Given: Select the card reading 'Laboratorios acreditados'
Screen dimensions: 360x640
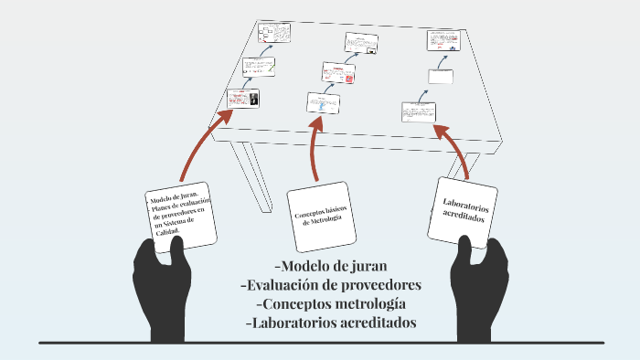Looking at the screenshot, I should tap(464, 209).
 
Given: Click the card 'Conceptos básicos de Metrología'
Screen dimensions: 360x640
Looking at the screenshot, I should tap(319, 217).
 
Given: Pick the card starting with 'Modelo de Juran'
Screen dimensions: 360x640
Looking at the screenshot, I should tap(180, 216).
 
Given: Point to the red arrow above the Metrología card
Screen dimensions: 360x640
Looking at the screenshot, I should tap(316, 146).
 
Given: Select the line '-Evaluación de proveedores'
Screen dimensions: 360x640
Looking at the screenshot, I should tap(330, 285).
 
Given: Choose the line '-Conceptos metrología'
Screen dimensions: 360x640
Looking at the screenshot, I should tap(331, 303).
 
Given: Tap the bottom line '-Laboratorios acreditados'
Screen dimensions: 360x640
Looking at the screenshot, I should tap(331, 323).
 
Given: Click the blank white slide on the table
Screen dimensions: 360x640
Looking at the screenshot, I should tap(440, 77).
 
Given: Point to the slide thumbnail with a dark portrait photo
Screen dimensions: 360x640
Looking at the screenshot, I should tap(243, 98).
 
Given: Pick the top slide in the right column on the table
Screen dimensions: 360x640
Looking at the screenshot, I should tap(443, 41).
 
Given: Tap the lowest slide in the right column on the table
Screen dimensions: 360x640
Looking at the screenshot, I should tap(419, 112).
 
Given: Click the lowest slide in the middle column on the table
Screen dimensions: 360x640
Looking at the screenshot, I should tap(321, 102).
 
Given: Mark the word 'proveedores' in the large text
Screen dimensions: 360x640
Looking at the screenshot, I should tap(377, 285).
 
